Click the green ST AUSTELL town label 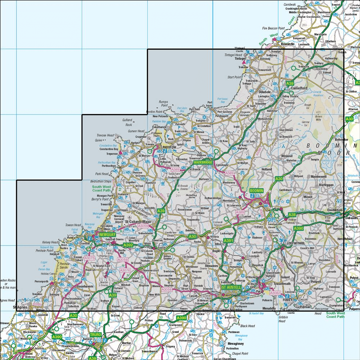click(x=230, y=287)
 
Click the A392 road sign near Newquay click(x=129, y=245)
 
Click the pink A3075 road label click(x=89, y=258)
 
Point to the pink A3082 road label click(x=275, y=293)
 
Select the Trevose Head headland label click(x=105, y=135)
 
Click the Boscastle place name click(x=287, y=44)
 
